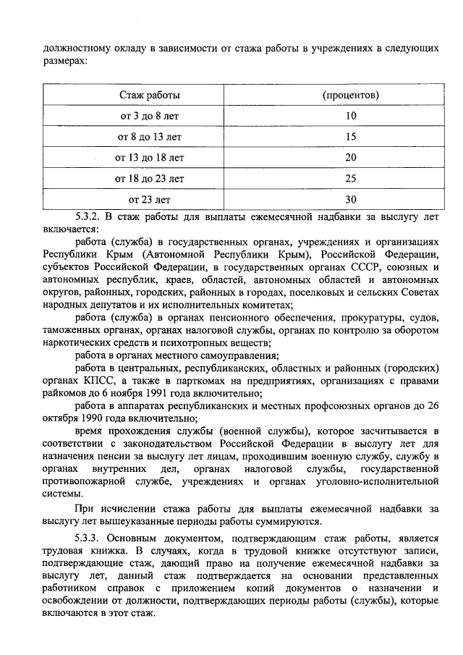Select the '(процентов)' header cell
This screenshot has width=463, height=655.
[351, 95]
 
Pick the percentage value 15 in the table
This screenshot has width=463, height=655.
[351, 136]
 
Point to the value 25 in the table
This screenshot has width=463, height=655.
[351, 177]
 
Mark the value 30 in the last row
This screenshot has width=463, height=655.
[351, 198]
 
